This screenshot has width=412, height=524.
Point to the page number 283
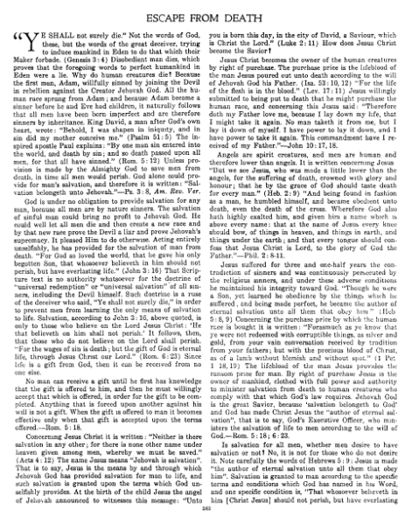(x=206, y=518)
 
